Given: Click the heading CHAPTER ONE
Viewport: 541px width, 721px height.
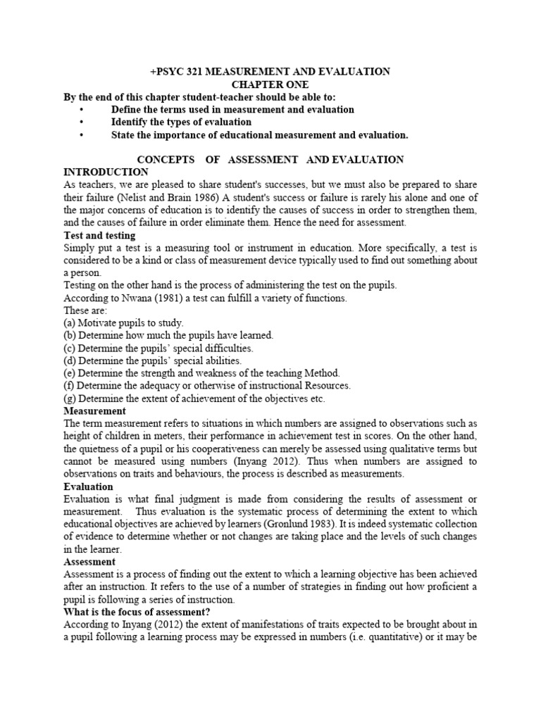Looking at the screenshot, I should [270, 84].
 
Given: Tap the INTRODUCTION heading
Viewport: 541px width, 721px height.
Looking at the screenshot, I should [106, 173].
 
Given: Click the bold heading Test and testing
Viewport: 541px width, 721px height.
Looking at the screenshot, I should [99, 235].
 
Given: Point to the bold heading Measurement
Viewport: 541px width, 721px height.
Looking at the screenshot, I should [94, 410].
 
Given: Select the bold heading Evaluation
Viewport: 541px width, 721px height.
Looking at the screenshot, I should [88, 487].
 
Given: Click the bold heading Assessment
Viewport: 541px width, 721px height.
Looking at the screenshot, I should [89, 563].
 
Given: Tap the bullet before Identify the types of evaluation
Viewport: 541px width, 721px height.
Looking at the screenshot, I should [82, 123].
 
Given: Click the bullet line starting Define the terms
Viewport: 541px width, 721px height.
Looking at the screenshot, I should [232, 110].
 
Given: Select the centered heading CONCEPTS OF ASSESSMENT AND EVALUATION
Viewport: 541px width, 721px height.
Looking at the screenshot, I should [270, 160].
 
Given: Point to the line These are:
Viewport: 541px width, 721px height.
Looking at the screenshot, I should [85, 311].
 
